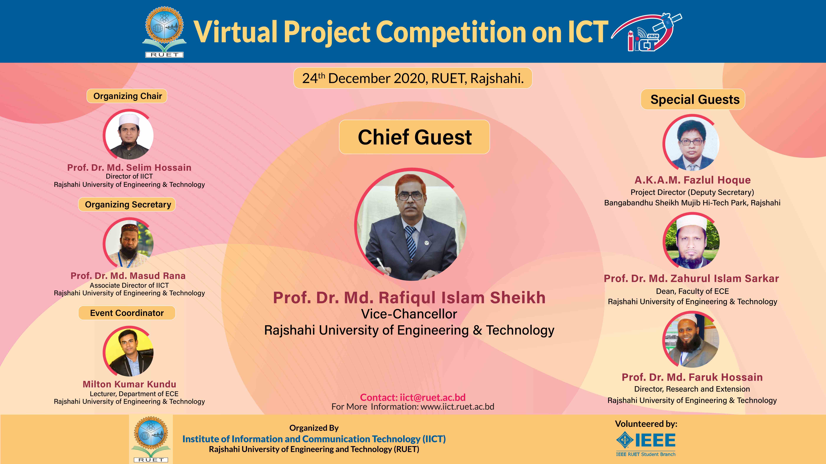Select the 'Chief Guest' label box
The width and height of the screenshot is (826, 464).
[414, 137]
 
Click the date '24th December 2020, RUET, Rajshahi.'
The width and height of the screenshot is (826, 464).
[413, 78]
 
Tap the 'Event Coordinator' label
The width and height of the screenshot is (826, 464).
[127, 313]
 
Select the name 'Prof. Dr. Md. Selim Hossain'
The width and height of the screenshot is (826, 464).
[129, 167]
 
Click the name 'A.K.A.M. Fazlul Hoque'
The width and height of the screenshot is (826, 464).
[693, 180]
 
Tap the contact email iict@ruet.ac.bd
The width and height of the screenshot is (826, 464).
[433, 397]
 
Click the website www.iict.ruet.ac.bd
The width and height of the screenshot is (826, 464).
[457, 407]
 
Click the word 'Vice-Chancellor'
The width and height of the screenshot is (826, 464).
[409, 314]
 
